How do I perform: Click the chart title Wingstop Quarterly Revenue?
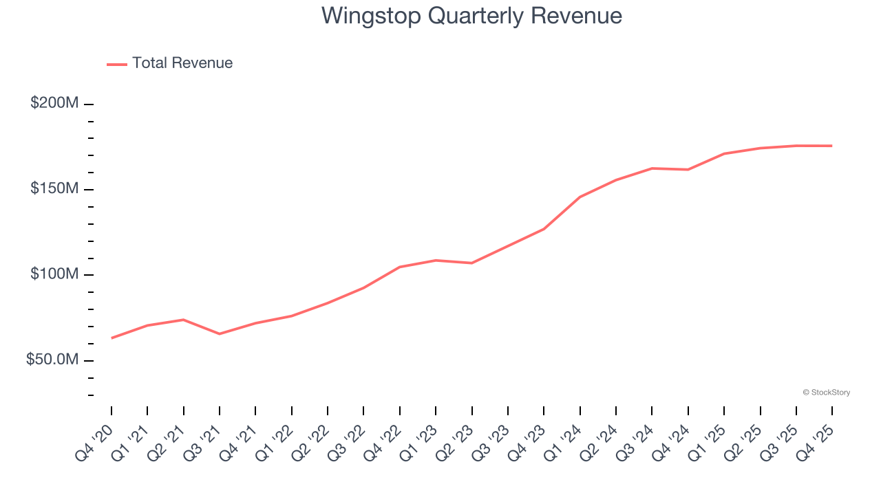click(x=471, y=16)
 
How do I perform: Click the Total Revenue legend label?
click(x=182, y=63)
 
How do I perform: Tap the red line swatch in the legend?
click(x=117, y=64)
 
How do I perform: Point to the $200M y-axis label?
click(x=54, y=103)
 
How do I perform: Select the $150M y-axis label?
click(x=54, y=189)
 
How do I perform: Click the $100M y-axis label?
click(x=54, y=274)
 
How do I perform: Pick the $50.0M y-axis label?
click(x=52, y=360)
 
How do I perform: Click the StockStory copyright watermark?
click(x=826, y=393)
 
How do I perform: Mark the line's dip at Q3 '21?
click(x=220, y=334)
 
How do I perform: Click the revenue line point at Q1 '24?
click(x=580, y=197)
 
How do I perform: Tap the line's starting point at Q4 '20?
click(x=112, y=338)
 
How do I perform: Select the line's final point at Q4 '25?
click(x=832, y=146)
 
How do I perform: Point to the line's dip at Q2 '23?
click(x=472, y=263)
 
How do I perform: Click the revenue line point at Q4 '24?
click(x=688, y=169)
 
